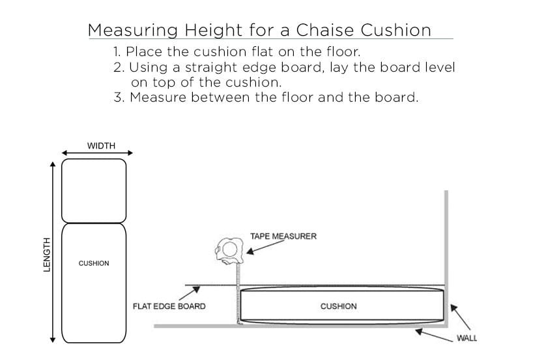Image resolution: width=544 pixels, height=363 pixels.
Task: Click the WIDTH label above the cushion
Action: (x=101, y=145)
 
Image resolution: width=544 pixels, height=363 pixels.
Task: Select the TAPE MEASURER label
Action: (x=283, y=236)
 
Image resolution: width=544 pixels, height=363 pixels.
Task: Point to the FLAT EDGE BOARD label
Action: (x=169, y=306)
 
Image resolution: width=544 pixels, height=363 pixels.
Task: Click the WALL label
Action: (x=466, y=338)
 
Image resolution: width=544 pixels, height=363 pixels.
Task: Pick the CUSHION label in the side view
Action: (x=339, y=306)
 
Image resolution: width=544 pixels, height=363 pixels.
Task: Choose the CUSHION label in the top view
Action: (x=94, y=263)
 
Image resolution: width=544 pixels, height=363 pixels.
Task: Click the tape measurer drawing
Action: (x=228, y=250)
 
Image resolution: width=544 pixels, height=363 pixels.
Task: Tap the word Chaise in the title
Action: (x=324, y=30)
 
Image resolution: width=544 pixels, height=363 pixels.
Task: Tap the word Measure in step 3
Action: (x=158, y=98)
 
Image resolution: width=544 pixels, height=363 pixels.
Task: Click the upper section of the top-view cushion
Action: (x=94, y=190)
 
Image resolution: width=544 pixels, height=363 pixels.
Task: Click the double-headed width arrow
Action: (x=97, y=154)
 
